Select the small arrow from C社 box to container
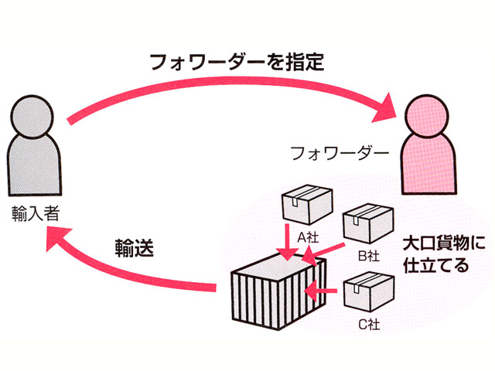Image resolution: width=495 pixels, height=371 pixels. pyautogui.click(x=322, y=291)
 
